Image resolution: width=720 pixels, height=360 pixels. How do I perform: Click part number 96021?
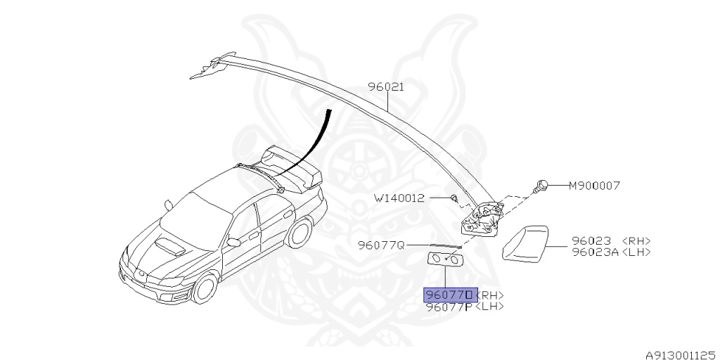386,87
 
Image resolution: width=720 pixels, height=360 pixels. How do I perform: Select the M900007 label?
593,186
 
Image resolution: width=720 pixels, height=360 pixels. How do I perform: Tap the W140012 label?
399,198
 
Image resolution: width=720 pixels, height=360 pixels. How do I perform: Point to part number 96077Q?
381,245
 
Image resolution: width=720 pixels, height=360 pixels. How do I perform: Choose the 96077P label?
449,307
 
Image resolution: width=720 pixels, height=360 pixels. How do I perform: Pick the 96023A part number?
595,252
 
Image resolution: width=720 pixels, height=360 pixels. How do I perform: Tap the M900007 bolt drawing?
541,186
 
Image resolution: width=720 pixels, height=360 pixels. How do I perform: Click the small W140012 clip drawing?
455,199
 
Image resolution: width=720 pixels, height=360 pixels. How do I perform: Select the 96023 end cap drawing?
525,243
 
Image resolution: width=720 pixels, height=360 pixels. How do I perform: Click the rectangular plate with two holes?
446,260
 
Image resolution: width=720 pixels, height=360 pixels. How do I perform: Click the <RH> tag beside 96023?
636,240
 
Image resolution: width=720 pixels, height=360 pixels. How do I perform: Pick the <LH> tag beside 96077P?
489,307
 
